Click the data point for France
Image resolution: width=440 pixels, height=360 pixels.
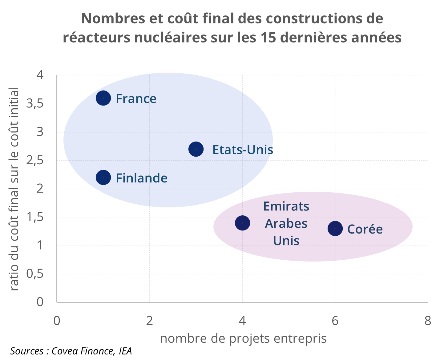[103, 98]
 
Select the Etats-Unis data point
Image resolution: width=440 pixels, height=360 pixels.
[196, 149]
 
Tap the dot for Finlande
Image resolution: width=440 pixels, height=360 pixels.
[103, 178]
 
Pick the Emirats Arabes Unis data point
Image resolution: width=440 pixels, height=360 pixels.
[242, 223]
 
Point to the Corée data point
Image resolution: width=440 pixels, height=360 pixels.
[335, 229]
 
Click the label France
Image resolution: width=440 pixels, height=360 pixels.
[136, 99]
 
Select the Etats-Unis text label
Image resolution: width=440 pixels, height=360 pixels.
[243, 150]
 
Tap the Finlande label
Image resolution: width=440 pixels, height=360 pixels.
[141, 178]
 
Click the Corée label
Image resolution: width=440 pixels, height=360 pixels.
[365, 229]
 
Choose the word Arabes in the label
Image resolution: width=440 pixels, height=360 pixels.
[286, 223]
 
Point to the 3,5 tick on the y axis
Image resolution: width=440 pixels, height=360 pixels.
[35, 104]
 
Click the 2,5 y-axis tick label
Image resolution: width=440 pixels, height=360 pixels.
[35, 160]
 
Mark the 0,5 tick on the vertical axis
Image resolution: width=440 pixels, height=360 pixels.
[35, 274]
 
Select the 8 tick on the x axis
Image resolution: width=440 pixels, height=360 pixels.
[428, 321]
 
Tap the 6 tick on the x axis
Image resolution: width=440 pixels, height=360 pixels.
[335, 321]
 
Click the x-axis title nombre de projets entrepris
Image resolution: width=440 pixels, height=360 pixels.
[243, 338]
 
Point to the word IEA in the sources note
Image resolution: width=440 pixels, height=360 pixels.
[125, 351]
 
